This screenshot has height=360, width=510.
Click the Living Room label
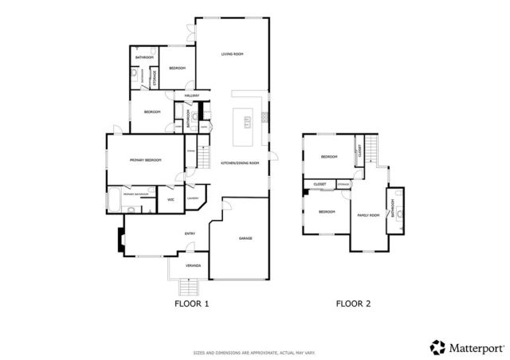(232, 54)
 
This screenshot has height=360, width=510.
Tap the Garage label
(246, 238)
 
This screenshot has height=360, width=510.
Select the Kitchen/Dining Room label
(241, 162)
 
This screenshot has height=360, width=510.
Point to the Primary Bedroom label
(146, 160)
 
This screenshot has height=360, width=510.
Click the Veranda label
(193, 264)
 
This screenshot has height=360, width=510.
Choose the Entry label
(190, 233)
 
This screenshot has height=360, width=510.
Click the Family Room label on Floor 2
(367, 215)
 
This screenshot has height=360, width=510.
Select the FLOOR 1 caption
(191, 303)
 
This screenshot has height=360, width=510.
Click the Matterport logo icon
(437, 346)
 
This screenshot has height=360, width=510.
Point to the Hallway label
(192, 96)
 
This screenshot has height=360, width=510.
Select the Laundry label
(193, 198)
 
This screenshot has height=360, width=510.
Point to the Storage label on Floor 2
(343, 185)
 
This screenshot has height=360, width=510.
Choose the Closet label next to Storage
(319, 185)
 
